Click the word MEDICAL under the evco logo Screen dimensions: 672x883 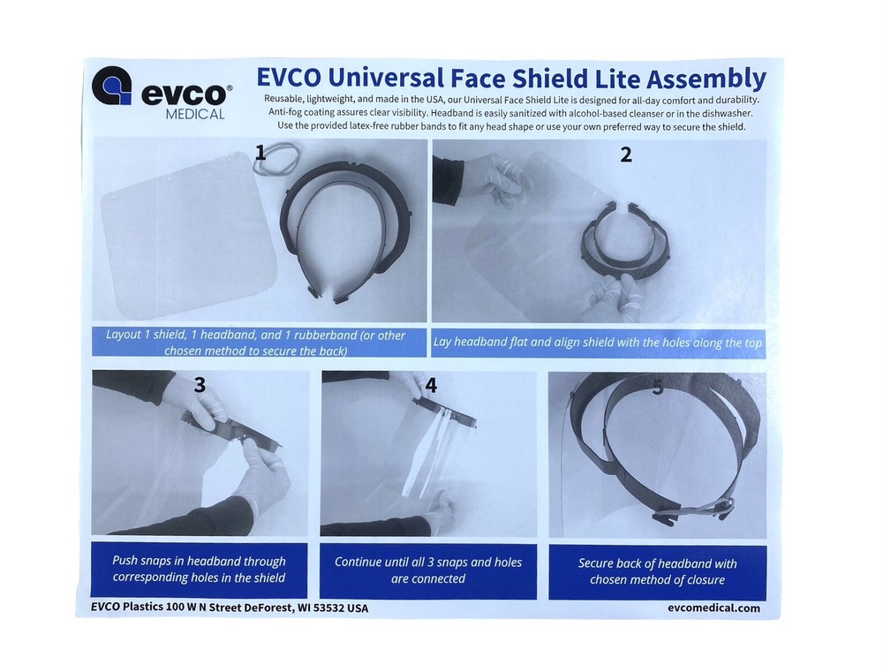coord(194,114)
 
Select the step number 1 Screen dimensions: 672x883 coord(260,154)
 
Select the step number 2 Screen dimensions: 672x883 coord(626,155)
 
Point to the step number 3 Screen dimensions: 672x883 coord(200,385)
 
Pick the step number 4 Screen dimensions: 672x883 coord(430,386)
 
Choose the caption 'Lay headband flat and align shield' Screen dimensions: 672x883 coord(598,343)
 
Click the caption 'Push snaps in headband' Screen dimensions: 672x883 coord(199,570)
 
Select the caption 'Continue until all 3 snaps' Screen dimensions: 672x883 coord(428,570)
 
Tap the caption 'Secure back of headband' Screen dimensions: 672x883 coord(657,571)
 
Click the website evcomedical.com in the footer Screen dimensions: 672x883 coord(714,608)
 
